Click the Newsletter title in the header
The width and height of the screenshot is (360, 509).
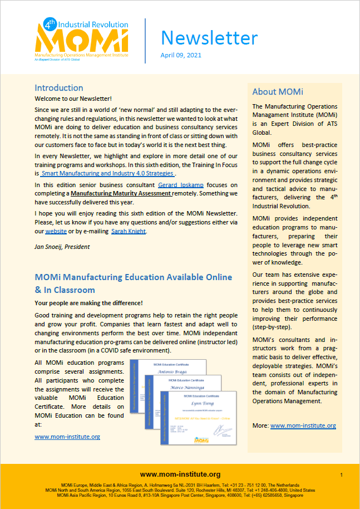pyautogui.click(x=209, y=38)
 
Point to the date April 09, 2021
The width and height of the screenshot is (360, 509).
pyautogui.click(x=181, y=56)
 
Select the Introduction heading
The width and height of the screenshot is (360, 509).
pyautogui.click(x=59, y=88)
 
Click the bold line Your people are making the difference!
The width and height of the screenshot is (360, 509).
pyautogui.click(x=88, y=303)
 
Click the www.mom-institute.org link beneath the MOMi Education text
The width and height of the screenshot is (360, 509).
pyautogui.click(x=67, y=437)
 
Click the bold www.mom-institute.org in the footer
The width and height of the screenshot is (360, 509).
pyautogui.click(x=180, y=474)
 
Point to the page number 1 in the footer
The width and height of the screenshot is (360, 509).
pyautogui.click(x=341, y=475)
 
